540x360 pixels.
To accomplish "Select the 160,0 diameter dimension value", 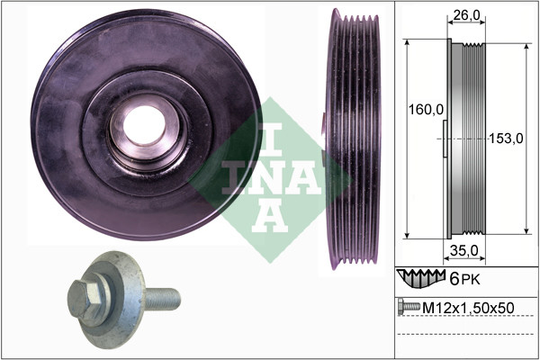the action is (426, 110).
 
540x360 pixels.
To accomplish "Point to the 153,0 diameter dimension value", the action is (506, 139).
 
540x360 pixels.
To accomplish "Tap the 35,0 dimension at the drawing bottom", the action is (464, 251).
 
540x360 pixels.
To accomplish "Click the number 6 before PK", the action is (454, 279).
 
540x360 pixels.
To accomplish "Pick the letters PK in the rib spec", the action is (471, 280).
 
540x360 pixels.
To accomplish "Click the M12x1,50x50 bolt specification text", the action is (468, 308).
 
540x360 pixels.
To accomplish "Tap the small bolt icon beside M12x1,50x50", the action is (409, 307).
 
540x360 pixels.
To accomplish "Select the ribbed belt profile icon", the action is (421, 278).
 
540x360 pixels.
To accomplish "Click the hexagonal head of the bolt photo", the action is (85, 299).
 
